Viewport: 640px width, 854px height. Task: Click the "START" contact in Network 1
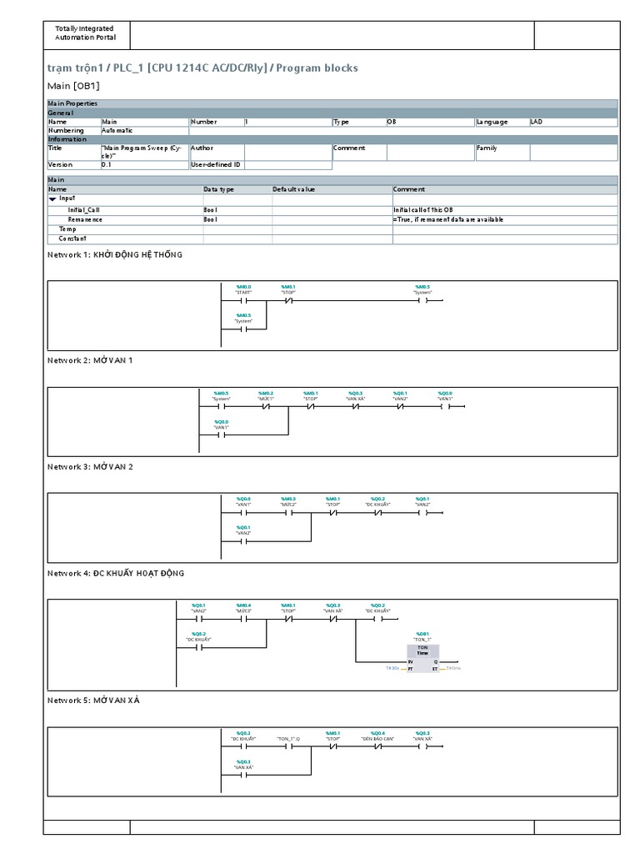point(243,300)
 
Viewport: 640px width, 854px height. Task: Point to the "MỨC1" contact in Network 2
point(266,407)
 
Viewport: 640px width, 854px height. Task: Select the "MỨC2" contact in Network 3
point(288,513)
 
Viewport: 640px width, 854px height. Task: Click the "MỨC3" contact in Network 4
point(243,620)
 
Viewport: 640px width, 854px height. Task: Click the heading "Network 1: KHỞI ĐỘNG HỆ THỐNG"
point(114,254)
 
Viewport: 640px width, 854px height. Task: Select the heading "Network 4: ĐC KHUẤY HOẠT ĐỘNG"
point(116,573)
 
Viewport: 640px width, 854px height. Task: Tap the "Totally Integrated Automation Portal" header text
point(86,33)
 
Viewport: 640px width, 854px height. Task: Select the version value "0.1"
point(107,165)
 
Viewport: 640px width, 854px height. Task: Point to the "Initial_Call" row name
point(84,209)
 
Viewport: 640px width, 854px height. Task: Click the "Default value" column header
point(294,189)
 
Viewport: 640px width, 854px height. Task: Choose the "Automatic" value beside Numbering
point(117,131)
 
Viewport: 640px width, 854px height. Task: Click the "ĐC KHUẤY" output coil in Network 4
point(377,620)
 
